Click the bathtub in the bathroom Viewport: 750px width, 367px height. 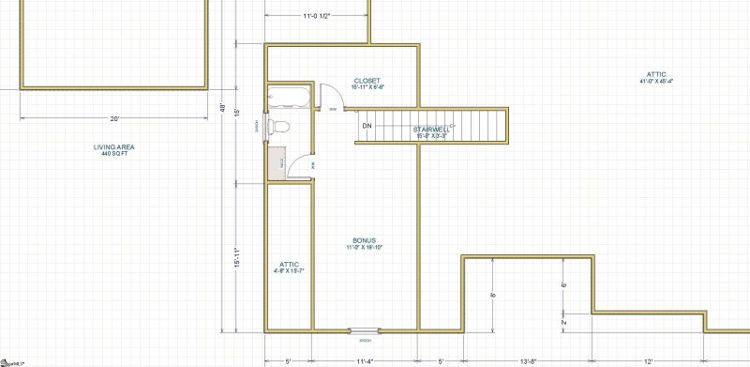(281, 96)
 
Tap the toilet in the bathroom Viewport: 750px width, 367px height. (278, 126)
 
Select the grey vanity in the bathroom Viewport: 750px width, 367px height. (276, 162)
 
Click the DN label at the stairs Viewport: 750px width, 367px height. (367, 125)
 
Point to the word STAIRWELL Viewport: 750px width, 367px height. (432, 130)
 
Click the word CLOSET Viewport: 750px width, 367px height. (367, 80)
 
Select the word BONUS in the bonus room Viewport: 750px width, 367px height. (365, 239)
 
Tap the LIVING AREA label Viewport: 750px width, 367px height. (113, 146)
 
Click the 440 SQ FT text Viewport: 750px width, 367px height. (113, 153)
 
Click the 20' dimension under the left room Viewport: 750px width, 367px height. (114, 119)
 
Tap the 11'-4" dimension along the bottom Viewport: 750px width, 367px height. (366, 360)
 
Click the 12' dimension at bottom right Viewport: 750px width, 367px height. (649, 360)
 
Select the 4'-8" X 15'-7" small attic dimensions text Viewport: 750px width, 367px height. (289, 270)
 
